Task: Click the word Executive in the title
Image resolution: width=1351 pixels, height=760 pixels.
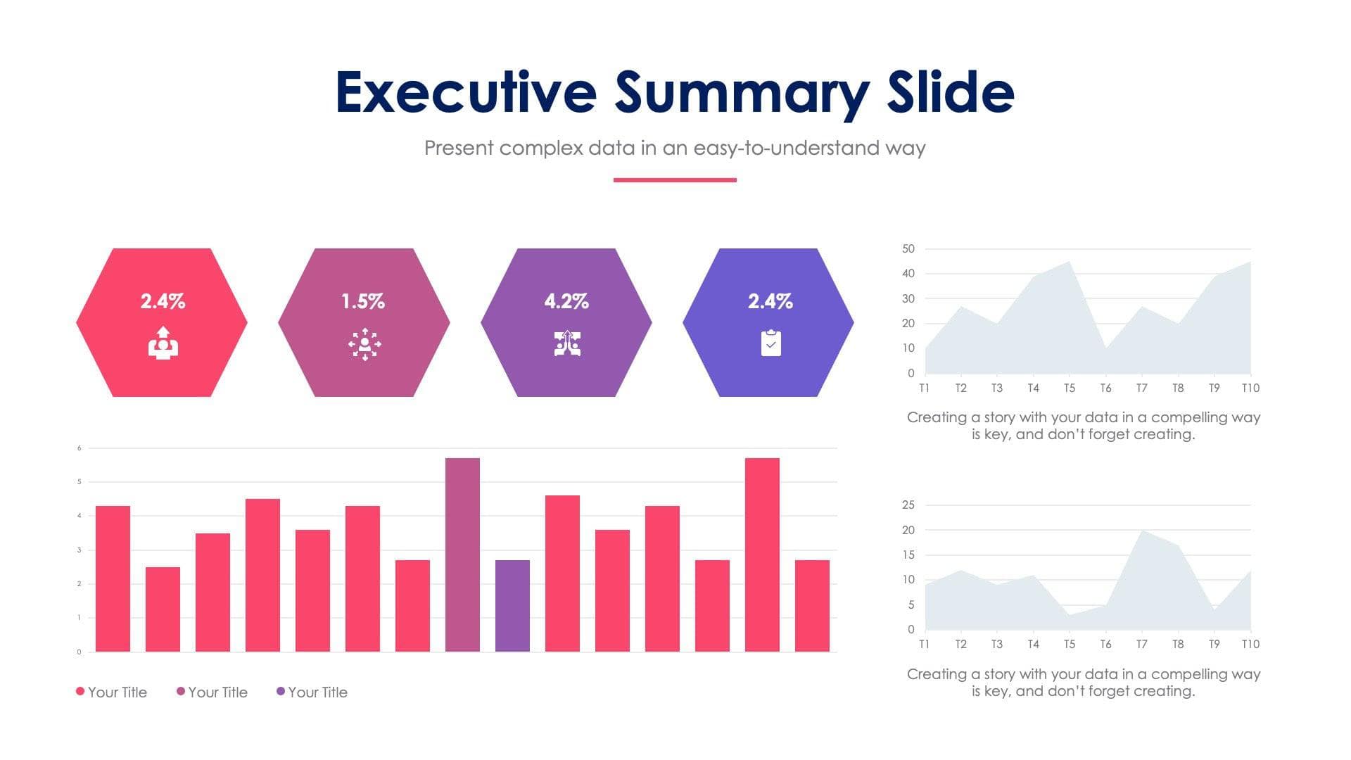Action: point(466,92)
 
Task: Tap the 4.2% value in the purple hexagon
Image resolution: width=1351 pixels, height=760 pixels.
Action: point(566,301)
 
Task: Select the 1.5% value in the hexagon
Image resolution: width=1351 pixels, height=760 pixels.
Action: point(363,301)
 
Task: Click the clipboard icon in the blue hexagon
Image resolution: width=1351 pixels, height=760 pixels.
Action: point(770,343)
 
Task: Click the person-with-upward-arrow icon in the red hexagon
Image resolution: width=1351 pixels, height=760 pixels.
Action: point(163,343)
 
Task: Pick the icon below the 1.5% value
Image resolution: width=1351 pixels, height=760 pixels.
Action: point(364,344)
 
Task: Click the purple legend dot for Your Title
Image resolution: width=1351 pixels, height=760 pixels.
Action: point(281,691)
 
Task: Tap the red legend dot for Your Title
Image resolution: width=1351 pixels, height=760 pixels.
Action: point(80,691)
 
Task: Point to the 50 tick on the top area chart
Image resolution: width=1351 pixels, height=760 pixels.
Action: point(908,248)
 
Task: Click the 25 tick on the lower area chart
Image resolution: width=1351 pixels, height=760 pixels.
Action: point(908,505)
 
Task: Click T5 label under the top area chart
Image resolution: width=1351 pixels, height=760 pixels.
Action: point(1069,388)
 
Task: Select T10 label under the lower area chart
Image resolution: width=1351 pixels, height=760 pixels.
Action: point(1250,644)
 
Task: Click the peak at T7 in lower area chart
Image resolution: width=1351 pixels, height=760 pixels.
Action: point(1141,531)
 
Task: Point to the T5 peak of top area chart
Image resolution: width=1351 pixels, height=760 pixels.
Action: point(1069,263)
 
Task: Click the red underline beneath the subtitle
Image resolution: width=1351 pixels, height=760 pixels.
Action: point(675,180)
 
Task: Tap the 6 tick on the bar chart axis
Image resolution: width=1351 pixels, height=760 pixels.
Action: point(80,448)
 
